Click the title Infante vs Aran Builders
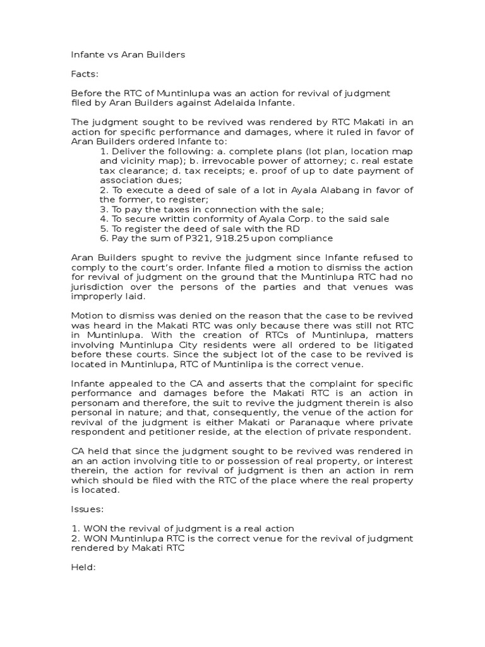click(x=128, y=54)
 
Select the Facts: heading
click(x=85, y=74)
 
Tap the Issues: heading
click(x=88, y=509)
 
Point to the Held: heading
click(x=85, y=567)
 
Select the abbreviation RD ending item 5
click(x=293, y=228)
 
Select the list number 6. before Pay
click(x=104, y=238)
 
